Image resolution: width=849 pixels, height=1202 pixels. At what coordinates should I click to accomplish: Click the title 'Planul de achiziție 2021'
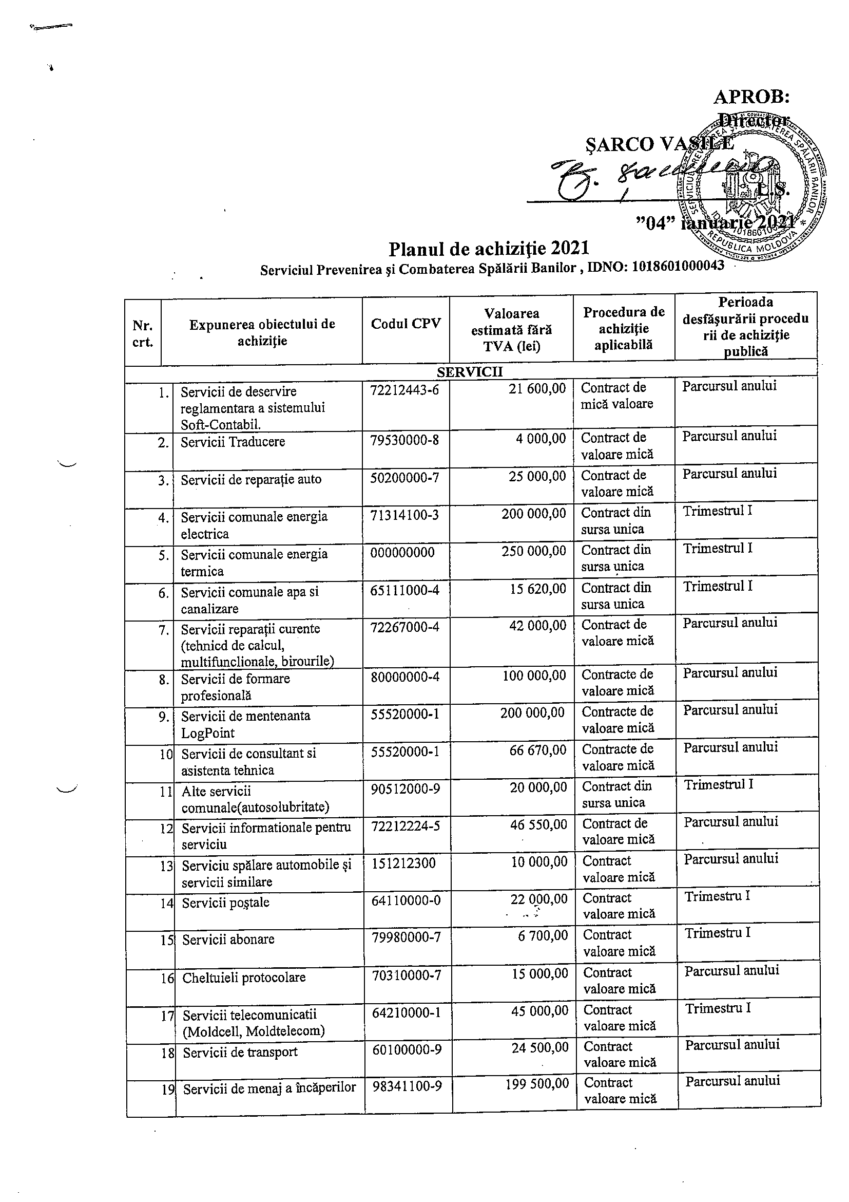(489, 248)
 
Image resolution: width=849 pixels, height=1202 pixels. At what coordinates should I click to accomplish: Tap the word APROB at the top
(751, 97)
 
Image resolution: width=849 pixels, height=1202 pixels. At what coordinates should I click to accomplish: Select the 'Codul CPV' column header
(406, 324)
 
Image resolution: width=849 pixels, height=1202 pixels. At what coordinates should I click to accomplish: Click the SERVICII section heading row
(470, 371)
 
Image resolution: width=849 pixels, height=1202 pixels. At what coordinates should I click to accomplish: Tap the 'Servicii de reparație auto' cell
(250, 480)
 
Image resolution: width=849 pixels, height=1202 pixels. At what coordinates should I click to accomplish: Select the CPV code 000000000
(402, 552)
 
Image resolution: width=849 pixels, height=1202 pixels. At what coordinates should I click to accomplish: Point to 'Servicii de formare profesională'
(236, 687)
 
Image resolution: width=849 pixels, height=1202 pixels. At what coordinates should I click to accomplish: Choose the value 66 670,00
(538, 750)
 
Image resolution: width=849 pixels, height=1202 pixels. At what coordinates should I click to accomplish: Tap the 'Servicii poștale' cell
(225, 903)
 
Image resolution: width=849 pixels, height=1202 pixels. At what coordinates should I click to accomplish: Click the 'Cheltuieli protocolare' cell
(244, 978)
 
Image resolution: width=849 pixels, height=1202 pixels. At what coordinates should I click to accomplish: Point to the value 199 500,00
(537, 1084)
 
